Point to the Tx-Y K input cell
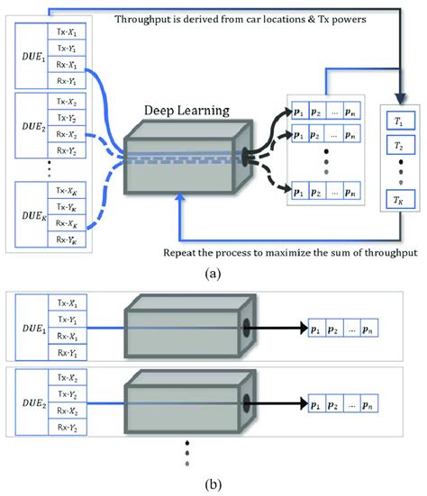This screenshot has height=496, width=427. tap(77, 209)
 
